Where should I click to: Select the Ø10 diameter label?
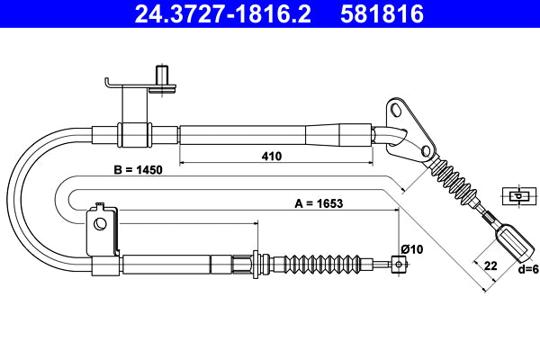pyautogui.click(x=400, y=248)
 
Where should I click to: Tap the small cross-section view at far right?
pyautogui.click(x=517, y=195)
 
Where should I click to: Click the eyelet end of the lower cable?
pyautogui.click(x=399, y=264)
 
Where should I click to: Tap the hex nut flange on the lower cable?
pyautogui.click(x=256, y=264)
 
